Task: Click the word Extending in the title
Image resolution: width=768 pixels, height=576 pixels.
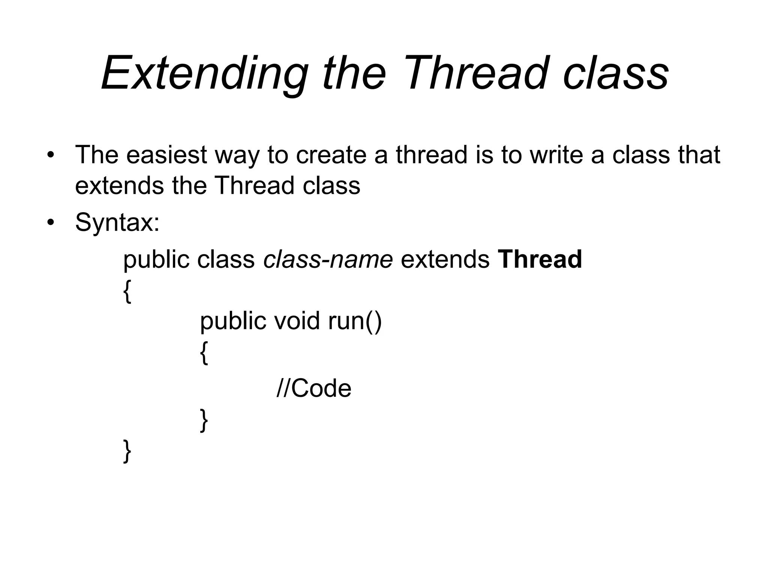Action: [x=204, y=73]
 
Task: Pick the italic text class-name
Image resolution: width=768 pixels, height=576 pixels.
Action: [x=328, y=259]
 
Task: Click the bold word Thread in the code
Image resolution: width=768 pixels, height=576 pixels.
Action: [x=540, y=259]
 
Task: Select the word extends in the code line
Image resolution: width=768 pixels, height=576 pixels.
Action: [x=445, y=259]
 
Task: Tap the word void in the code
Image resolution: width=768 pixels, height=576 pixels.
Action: [x=297, y=321]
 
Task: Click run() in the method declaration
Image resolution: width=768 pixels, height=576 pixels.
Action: [x=355, y=321]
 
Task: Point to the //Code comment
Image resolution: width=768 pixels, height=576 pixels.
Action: [x=314, y=388]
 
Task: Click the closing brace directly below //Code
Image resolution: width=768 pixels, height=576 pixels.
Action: [x=204, y=420]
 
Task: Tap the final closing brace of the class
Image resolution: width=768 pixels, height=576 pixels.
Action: [x=127, y=451]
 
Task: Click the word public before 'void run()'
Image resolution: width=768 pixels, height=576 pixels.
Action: [x=233, y=321]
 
